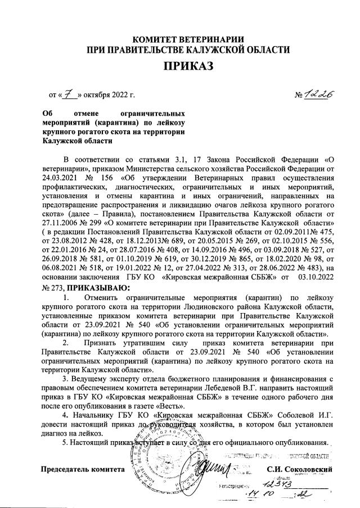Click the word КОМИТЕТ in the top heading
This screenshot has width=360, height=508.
tap(162, 39)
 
